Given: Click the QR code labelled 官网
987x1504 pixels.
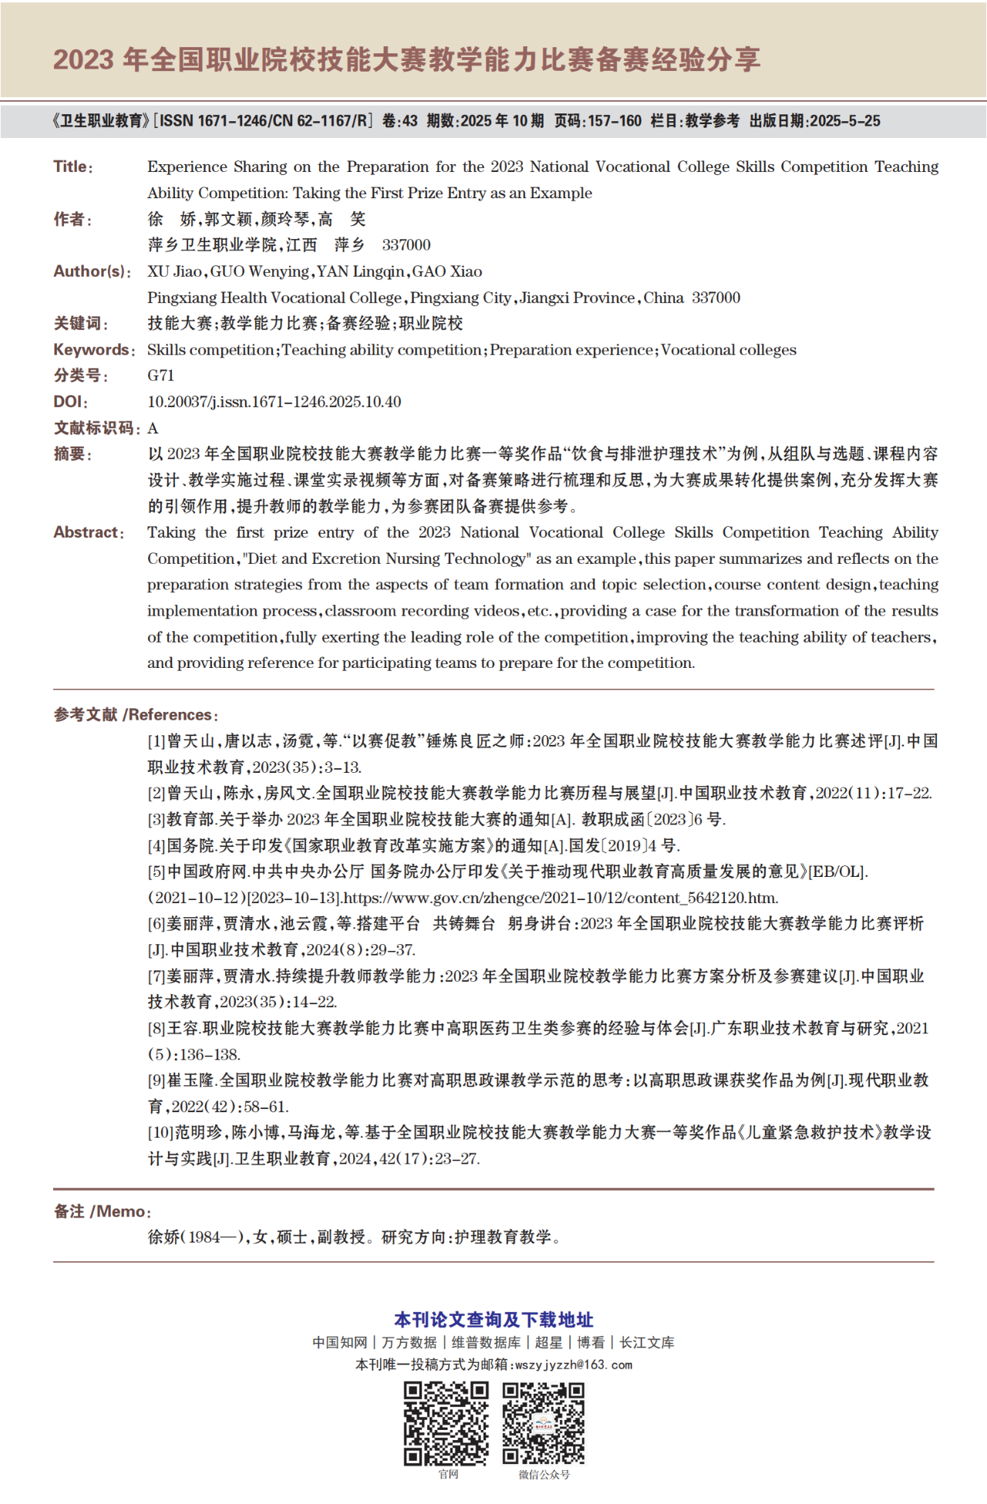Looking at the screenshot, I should [x=446, y=1423].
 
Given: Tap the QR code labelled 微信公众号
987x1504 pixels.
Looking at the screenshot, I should [x=544, y=1423].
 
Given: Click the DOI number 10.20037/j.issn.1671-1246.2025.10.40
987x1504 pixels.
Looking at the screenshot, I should [x=274, y=402].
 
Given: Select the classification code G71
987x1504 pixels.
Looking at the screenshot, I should [x=160, y=376].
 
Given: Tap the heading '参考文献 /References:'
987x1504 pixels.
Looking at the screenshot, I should [x=136, y=715].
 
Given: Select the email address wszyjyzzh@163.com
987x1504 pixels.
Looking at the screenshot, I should [x=574, y=1364].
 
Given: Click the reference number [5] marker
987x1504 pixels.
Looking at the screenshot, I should [x=157, y=872].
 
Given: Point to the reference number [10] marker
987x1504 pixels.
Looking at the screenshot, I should [x=160, y=1132].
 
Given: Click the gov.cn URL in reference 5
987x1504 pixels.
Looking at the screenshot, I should [x=561, y=898].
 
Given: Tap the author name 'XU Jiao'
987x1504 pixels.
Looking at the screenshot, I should [x=175, y=271].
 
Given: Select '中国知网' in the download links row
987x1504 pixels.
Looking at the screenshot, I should [x=340, y=1343].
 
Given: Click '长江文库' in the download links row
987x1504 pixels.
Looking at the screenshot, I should [x=647, y=1343].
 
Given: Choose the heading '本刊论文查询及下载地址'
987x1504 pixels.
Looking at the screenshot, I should [x=493, y=1320].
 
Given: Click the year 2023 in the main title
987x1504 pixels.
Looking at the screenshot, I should [x=83, y=59].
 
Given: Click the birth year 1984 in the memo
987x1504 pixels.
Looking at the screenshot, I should [x=204, y=1237].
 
